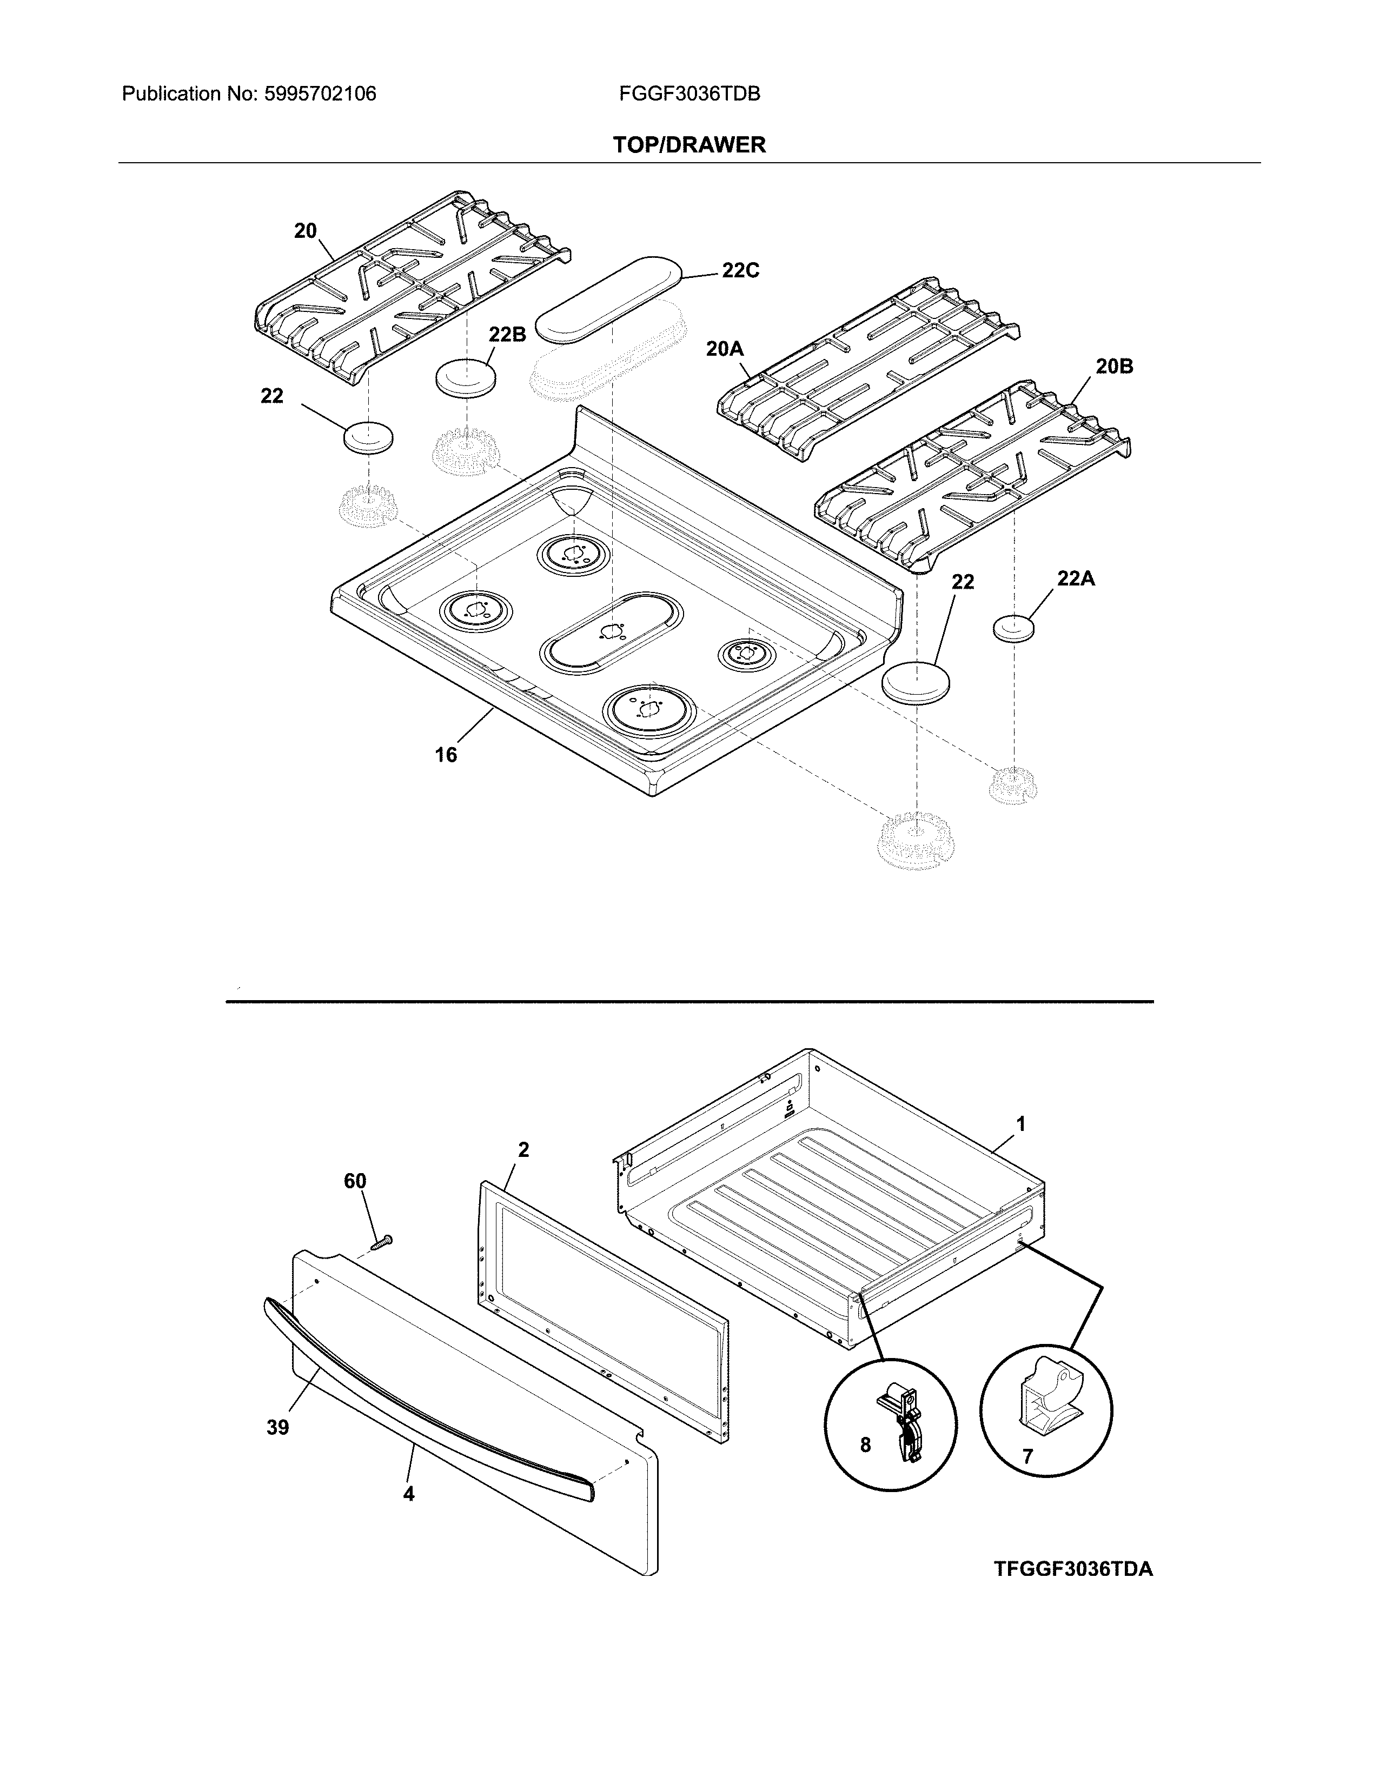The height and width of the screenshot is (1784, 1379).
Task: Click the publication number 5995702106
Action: coord(320,94)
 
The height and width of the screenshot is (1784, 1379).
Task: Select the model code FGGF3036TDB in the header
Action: coord(689,94)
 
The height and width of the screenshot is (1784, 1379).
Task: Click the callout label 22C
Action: coord(740,270)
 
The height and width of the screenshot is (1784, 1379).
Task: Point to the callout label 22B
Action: coord(507,334)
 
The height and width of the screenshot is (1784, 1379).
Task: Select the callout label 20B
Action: coord(1115,367)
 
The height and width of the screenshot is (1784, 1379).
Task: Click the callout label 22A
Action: coord(1076,578)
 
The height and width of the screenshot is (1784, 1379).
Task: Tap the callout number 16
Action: coord(446,755)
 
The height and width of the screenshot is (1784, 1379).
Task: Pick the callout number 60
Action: coord(355,1181)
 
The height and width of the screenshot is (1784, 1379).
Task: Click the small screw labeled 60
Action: coord(381,1244)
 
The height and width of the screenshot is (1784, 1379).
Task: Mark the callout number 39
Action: coord(278,1428)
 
